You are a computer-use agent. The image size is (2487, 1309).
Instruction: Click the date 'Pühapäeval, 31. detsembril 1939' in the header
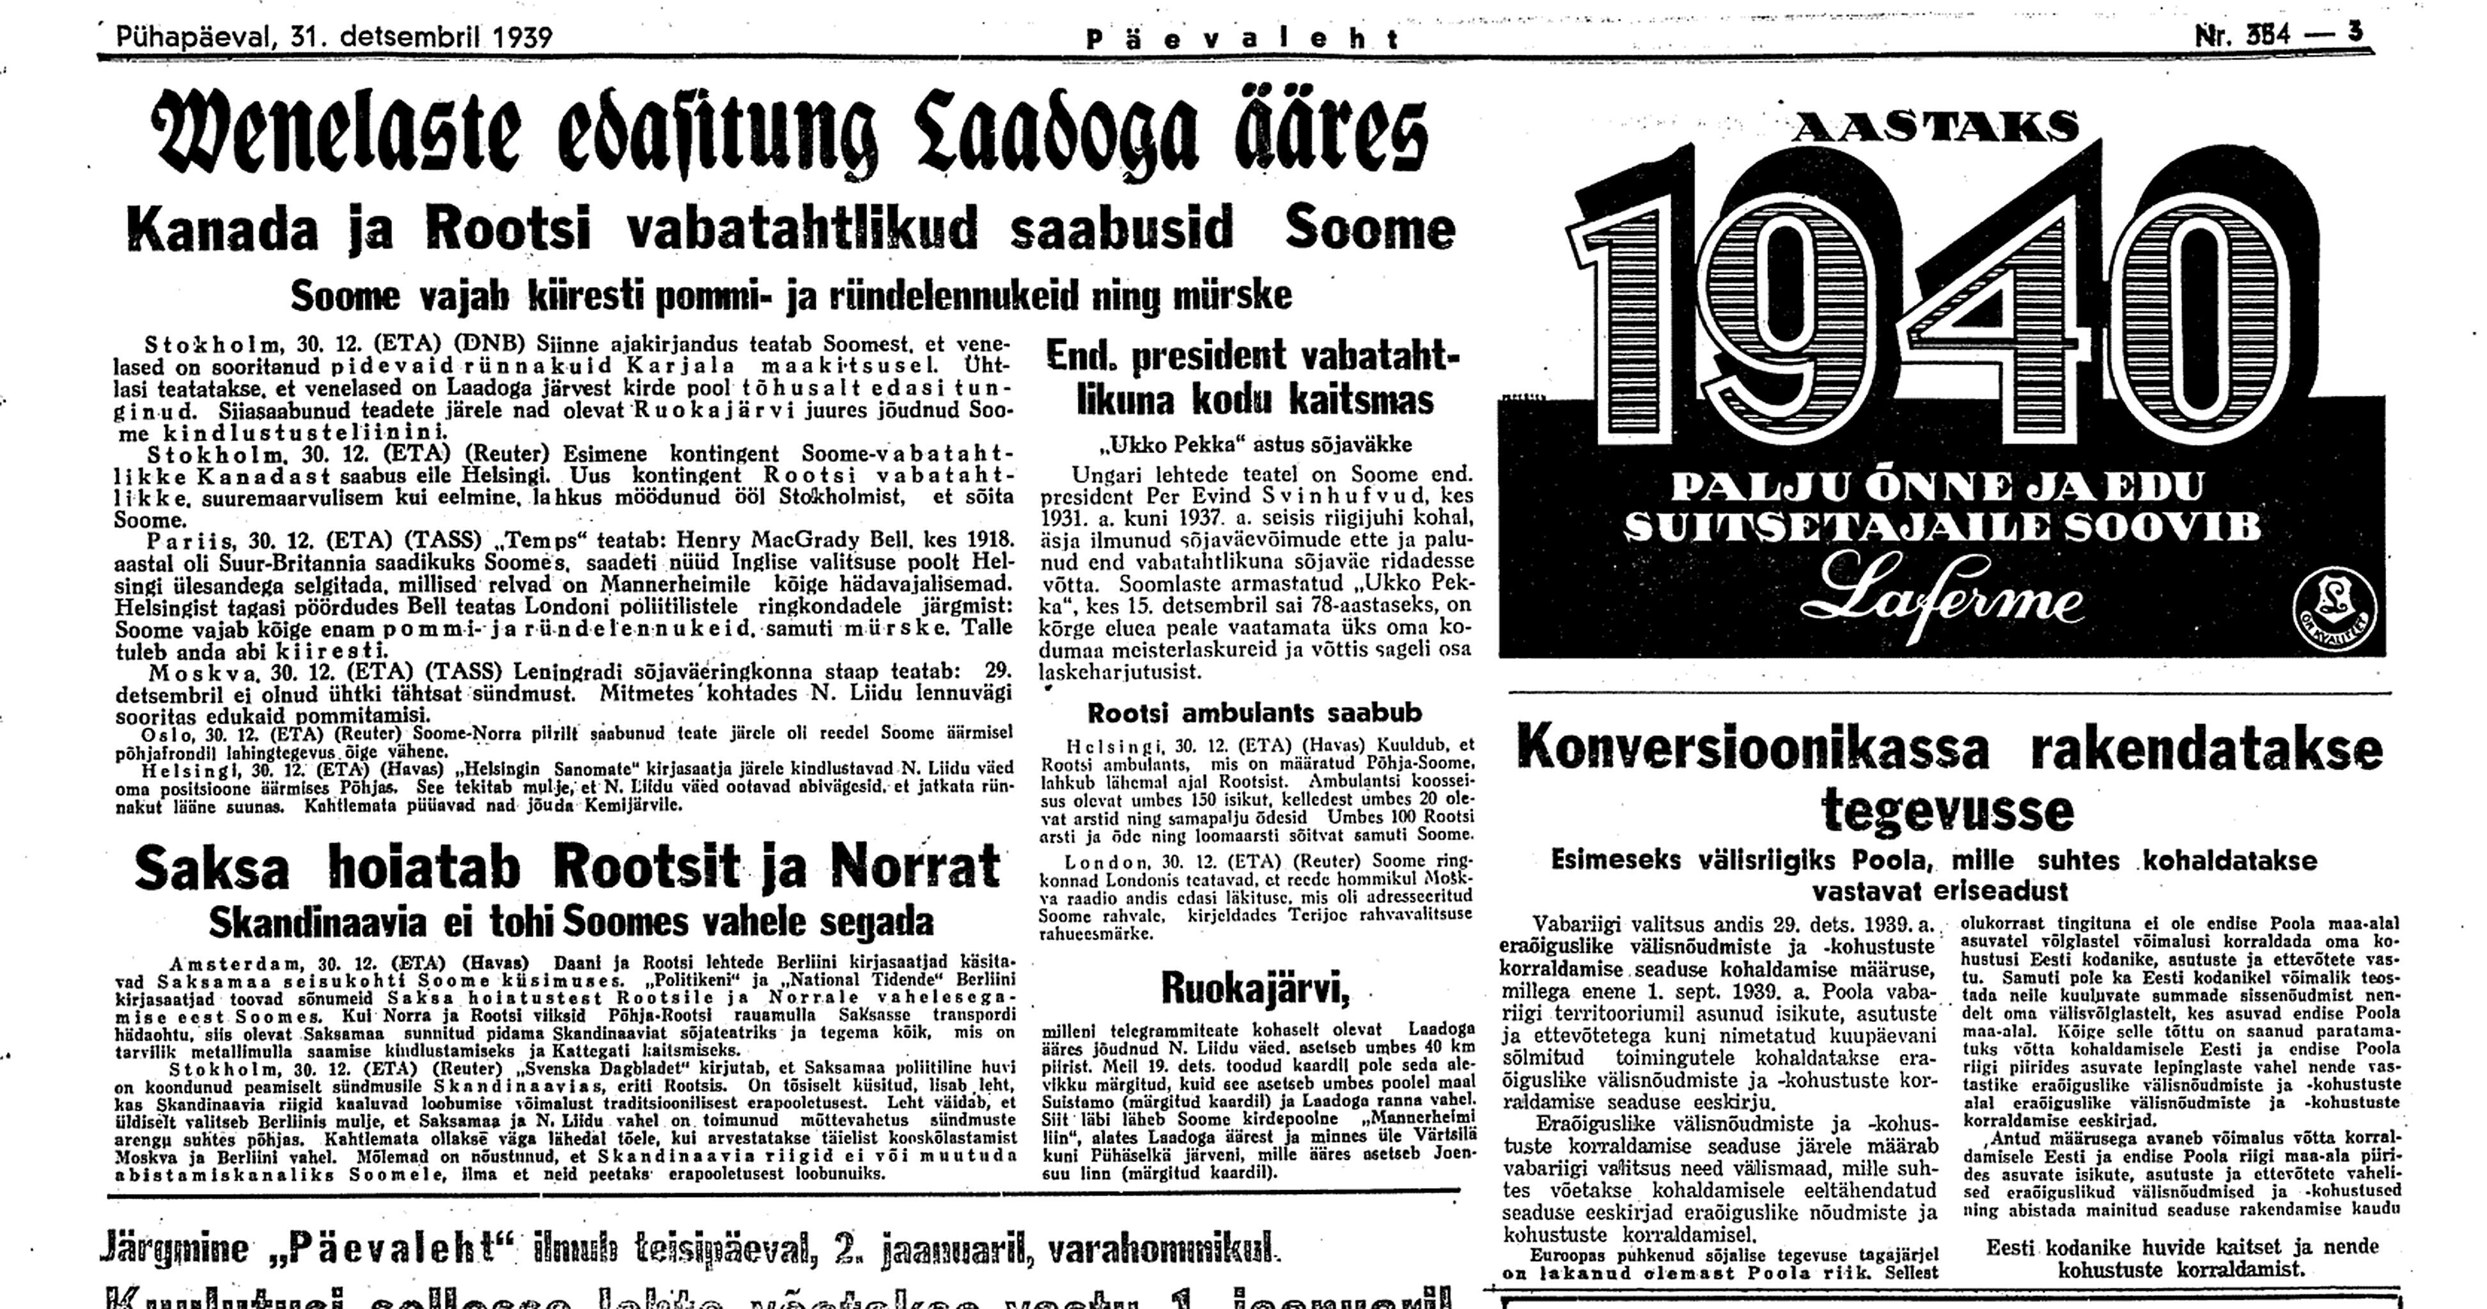point(334,38)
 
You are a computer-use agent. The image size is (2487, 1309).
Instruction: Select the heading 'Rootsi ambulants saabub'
point(1254,713)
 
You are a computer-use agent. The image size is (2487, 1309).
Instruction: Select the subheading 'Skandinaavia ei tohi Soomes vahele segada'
point(570,922)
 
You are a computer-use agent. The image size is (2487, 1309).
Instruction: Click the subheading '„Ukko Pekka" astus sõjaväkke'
point(1254,445)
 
